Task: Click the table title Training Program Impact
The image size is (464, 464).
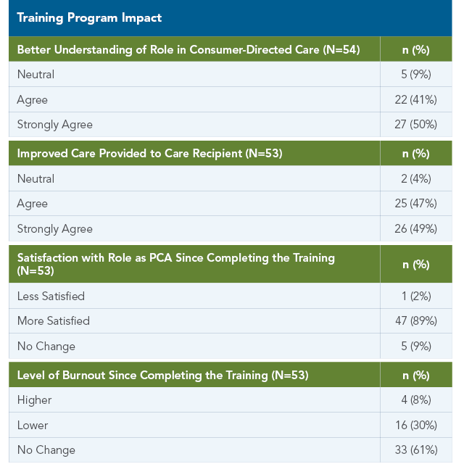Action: click(89, 17)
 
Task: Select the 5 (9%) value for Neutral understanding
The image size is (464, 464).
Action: click(415, 74)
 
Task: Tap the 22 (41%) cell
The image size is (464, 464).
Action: click(415, 100)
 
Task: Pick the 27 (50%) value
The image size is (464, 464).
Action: click(415, 124)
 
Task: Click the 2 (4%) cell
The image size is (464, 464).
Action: click(415, 179)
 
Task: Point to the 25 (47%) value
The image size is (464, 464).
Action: click(415, 204)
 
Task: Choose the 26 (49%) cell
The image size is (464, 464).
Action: click(415, 229)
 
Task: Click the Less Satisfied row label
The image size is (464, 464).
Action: click(51, 297)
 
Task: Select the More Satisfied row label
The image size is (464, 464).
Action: click(54, 321)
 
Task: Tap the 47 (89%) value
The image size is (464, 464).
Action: click(416, 320)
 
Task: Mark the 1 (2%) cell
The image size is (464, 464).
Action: click(416, 297)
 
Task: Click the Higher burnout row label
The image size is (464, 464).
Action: click(34, 400)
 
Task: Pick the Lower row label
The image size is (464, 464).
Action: click(33, 426)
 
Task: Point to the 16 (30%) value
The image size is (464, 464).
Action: click(416, 426)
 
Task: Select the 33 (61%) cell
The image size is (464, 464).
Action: click(416, 449)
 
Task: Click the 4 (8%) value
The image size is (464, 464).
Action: click(416, 400)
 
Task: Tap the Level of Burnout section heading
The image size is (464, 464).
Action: click(162, 376)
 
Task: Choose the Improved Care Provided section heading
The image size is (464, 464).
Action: click(150, 154)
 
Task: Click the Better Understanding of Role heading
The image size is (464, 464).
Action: click(188, 50)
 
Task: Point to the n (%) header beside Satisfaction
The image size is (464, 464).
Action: click(416, 265)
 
